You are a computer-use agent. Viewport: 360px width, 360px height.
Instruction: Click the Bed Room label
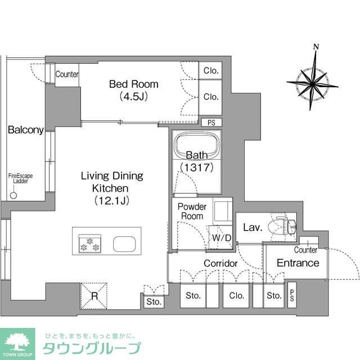click(x=133, y=84)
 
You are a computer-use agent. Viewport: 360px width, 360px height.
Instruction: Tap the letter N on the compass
click(x=316, y=47)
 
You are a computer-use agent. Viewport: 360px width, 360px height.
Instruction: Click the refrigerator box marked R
click(x=94, y=295)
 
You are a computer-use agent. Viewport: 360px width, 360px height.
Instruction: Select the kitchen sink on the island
click(x=123, y=244)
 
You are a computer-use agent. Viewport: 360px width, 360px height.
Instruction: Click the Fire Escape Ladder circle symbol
click(x=13, y=196)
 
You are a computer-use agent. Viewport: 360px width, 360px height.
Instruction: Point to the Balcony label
click(x=25, y=130)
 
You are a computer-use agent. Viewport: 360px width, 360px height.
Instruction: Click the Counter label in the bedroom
click(x=67, y=74)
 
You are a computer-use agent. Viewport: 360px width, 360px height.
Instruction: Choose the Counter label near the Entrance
click(x=305, y=250)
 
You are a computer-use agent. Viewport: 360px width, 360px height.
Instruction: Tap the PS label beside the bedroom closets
click(x=211, y=122)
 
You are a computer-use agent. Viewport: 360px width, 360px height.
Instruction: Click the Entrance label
click(x=298, y=263)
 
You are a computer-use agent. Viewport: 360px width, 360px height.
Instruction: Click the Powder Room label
click(x=192, y=211)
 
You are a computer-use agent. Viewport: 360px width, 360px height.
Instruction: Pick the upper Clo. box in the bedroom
click(x=211, y=71)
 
